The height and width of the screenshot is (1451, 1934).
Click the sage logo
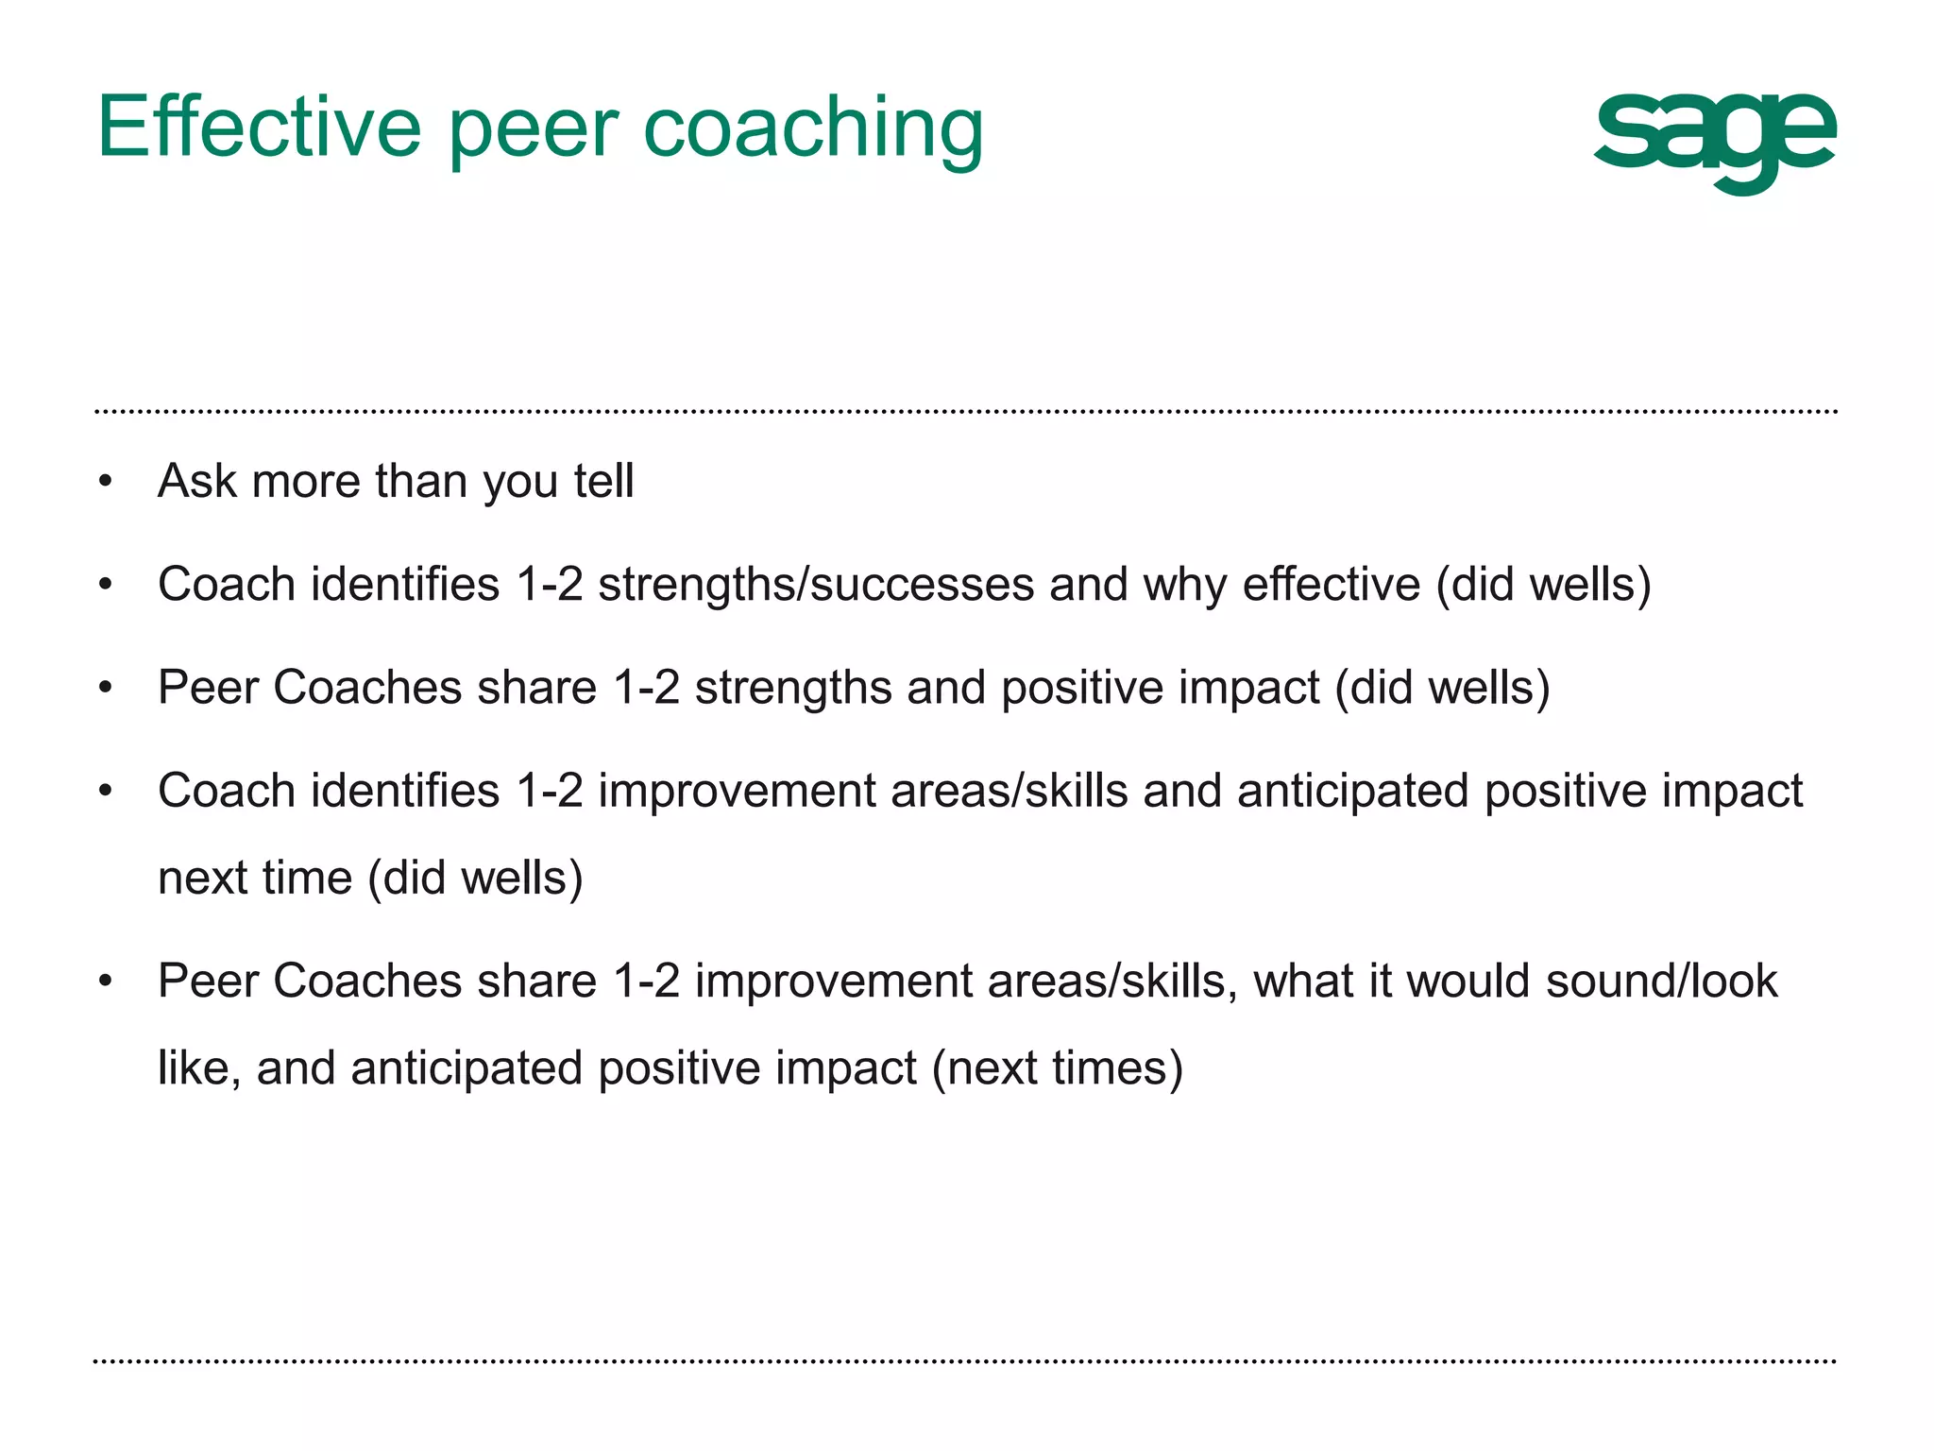(x=1714, y=142)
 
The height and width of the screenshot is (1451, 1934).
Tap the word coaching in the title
(x=813, y=128)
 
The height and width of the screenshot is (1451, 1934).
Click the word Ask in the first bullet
(x=196, y=481)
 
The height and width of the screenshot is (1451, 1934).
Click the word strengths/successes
(x=816, y=585)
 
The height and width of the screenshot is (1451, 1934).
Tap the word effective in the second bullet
(x=1331, y=584)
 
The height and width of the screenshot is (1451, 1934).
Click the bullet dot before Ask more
(x=105, y=482)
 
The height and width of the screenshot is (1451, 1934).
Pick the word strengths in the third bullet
(x=792, y=688)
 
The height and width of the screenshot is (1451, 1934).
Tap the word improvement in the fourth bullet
(x=737, y=792)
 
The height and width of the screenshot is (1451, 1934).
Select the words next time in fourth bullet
(x=255, y=878)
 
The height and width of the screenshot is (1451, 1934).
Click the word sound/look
(x=1661, y=981)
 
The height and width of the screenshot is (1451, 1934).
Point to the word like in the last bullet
(x=192, y=1067)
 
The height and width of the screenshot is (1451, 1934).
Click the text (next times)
(x=1057, y=1068)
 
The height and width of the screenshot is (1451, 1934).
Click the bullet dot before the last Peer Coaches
(x=105, y=982)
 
